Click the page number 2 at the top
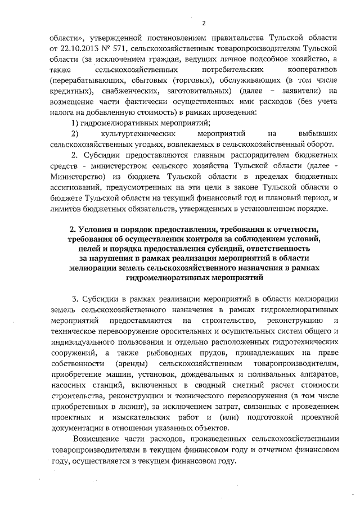[204, 23]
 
